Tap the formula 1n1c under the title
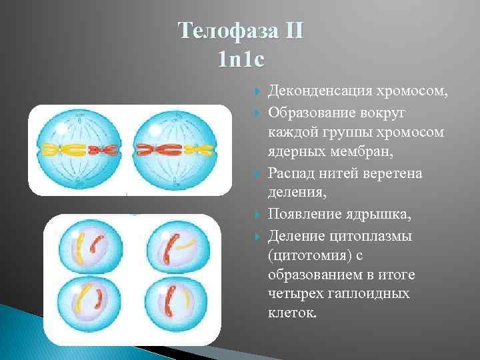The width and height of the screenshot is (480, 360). click(241, 61)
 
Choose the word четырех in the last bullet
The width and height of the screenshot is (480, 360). click(295, 294)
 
